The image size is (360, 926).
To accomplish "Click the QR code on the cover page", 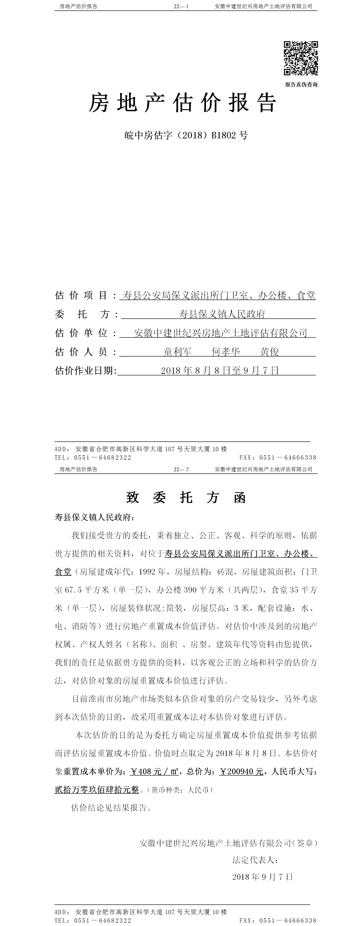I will tap(301, 58).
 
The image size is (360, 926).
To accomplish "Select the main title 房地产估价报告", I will tap(183, 103).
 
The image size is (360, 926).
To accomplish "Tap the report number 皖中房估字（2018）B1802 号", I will tap(186, 135).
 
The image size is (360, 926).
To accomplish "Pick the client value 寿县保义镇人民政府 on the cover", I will tap(222, 314).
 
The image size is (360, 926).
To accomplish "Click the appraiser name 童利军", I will tap(177, 352).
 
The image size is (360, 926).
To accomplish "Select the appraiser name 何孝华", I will tap(226, 352).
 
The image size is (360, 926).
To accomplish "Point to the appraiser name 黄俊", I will tap(269, 352).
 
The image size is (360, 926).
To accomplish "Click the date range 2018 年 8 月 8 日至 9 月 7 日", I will tap(220, 371).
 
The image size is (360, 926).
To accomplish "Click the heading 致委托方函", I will tap(186, 498).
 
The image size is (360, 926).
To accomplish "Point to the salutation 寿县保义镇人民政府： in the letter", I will tap(95, 517).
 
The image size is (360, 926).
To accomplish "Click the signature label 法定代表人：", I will tap(255, 860).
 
